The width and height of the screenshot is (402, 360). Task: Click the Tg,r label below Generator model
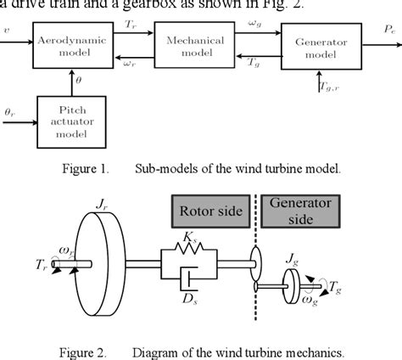327,87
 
